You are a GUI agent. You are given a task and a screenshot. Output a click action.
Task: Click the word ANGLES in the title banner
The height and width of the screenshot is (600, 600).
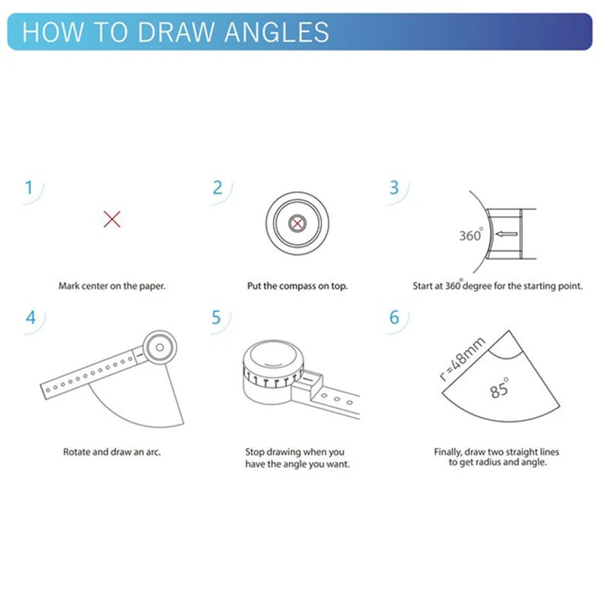(277, 31)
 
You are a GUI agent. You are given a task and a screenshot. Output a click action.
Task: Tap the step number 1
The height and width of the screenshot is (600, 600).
(28, 187)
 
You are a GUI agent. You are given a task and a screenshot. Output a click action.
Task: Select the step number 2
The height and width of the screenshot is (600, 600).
(217, 187)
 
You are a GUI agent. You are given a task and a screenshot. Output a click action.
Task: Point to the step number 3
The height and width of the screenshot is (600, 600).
(394, 187)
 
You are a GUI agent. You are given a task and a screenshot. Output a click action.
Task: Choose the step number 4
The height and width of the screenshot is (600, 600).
(31, 317)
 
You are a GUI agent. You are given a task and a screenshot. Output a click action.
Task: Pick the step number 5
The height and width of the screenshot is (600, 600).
(216, 317)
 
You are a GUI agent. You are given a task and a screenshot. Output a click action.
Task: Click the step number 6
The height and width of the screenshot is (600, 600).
(394, 317)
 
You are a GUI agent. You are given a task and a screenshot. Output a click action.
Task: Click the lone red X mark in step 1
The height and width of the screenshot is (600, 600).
(112, 219)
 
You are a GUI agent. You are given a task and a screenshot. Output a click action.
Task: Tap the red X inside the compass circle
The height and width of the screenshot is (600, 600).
(297, 223)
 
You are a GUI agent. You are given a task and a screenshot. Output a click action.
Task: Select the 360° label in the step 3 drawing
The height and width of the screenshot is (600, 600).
(471, 234)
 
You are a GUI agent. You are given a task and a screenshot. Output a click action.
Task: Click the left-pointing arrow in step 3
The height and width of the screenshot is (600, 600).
(506, 234)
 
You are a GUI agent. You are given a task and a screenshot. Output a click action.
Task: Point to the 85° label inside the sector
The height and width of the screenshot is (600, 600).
(499, 388)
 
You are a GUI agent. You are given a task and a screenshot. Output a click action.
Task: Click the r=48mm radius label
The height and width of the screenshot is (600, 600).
(462, 358)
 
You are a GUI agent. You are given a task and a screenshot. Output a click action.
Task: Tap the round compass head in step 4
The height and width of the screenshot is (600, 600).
(160, 347)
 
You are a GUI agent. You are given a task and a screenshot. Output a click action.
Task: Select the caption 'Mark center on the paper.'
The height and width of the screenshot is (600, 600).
(112, 286)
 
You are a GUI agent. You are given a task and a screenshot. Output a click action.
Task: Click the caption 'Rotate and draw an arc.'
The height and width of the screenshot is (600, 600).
(112, 452)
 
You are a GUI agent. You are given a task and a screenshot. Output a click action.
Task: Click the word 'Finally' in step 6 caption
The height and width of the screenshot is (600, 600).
(448, 452)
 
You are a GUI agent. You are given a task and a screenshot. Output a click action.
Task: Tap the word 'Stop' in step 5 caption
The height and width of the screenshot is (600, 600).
(253, 452)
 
